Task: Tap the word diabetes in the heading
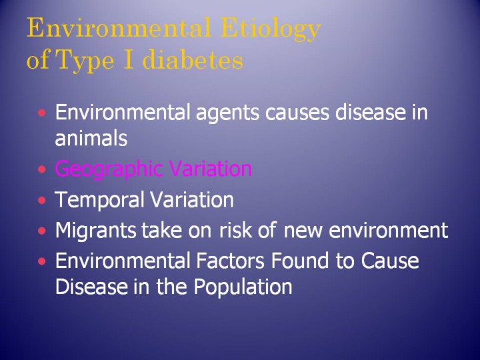193,59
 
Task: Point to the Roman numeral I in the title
129,59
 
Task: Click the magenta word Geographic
109,169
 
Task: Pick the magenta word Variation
210,169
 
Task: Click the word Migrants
95,231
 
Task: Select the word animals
91,138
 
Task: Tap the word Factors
230,260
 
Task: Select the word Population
243,287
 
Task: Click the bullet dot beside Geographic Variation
42,169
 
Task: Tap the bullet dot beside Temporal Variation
42,201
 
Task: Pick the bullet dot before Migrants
42,231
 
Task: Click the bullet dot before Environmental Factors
42,261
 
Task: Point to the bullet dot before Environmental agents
42,113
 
